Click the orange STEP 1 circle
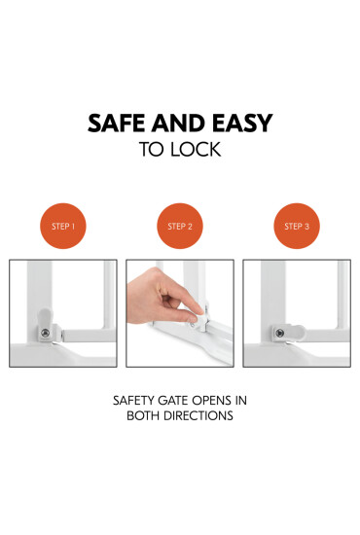click(x=62, y=226)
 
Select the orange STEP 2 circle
click(x=180, y=226)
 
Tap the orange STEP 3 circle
click(x=297, y=226)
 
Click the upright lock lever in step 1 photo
click(x=45, y=321)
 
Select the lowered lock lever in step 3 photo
click(x=286, y=333)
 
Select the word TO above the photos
click(x=154, y=150)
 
